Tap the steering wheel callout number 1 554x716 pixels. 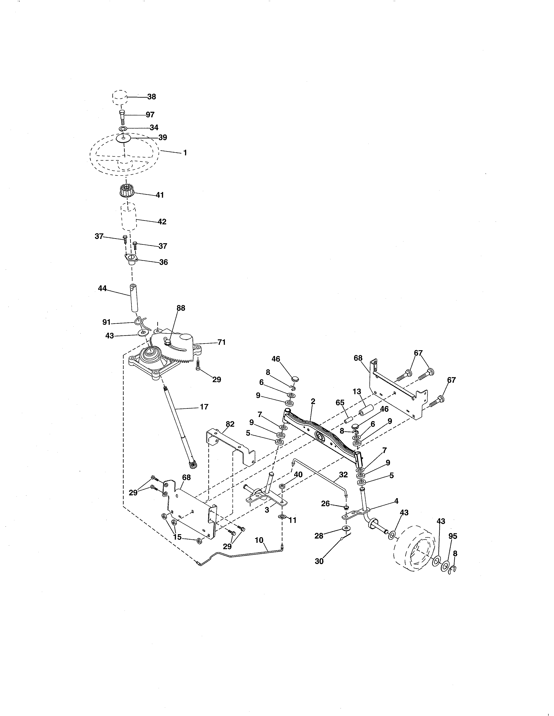[x=185, y=153]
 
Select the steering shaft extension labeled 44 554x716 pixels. [x=134, y=299]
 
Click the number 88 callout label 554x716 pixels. [x=181, y=308]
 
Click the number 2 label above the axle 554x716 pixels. [x=313, y=401]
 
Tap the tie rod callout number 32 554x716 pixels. [x=343, y=474]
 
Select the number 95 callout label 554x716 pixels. [x=453, y=536]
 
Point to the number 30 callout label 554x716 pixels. [x=319, y=561]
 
